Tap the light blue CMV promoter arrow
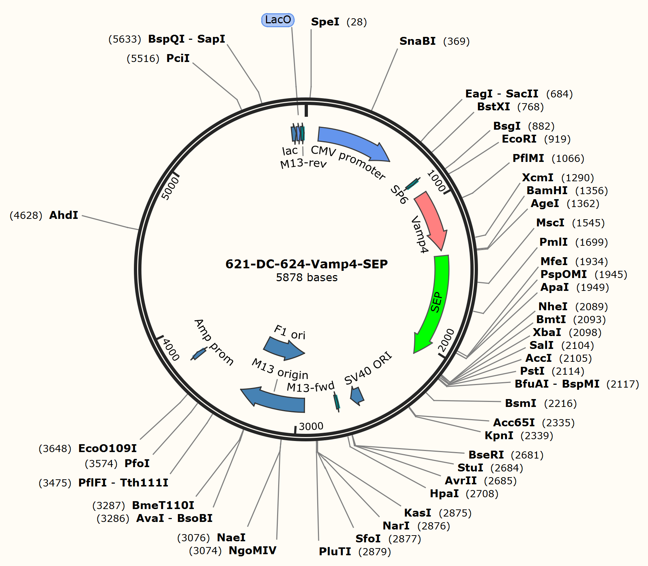(353, 141)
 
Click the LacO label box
(278, 20)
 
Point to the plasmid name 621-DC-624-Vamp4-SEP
(306, 264)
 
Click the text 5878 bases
(306, 278)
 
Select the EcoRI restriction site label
(519, 139)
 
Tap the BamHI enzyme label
(547, 190)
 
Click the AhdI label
(64, 215)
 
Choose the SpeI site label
(325, 22)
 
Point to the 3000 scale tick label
(311, 426)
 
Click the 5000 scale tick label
(170, 188)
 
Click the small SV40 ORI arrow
(357, 396)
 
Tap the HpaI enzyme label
(444, 493)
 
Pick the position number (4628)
(26, 215)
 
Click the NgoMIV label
(252, 550)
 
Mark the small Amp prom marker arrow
(199, 354)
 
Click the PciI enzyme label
(178, 58)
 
